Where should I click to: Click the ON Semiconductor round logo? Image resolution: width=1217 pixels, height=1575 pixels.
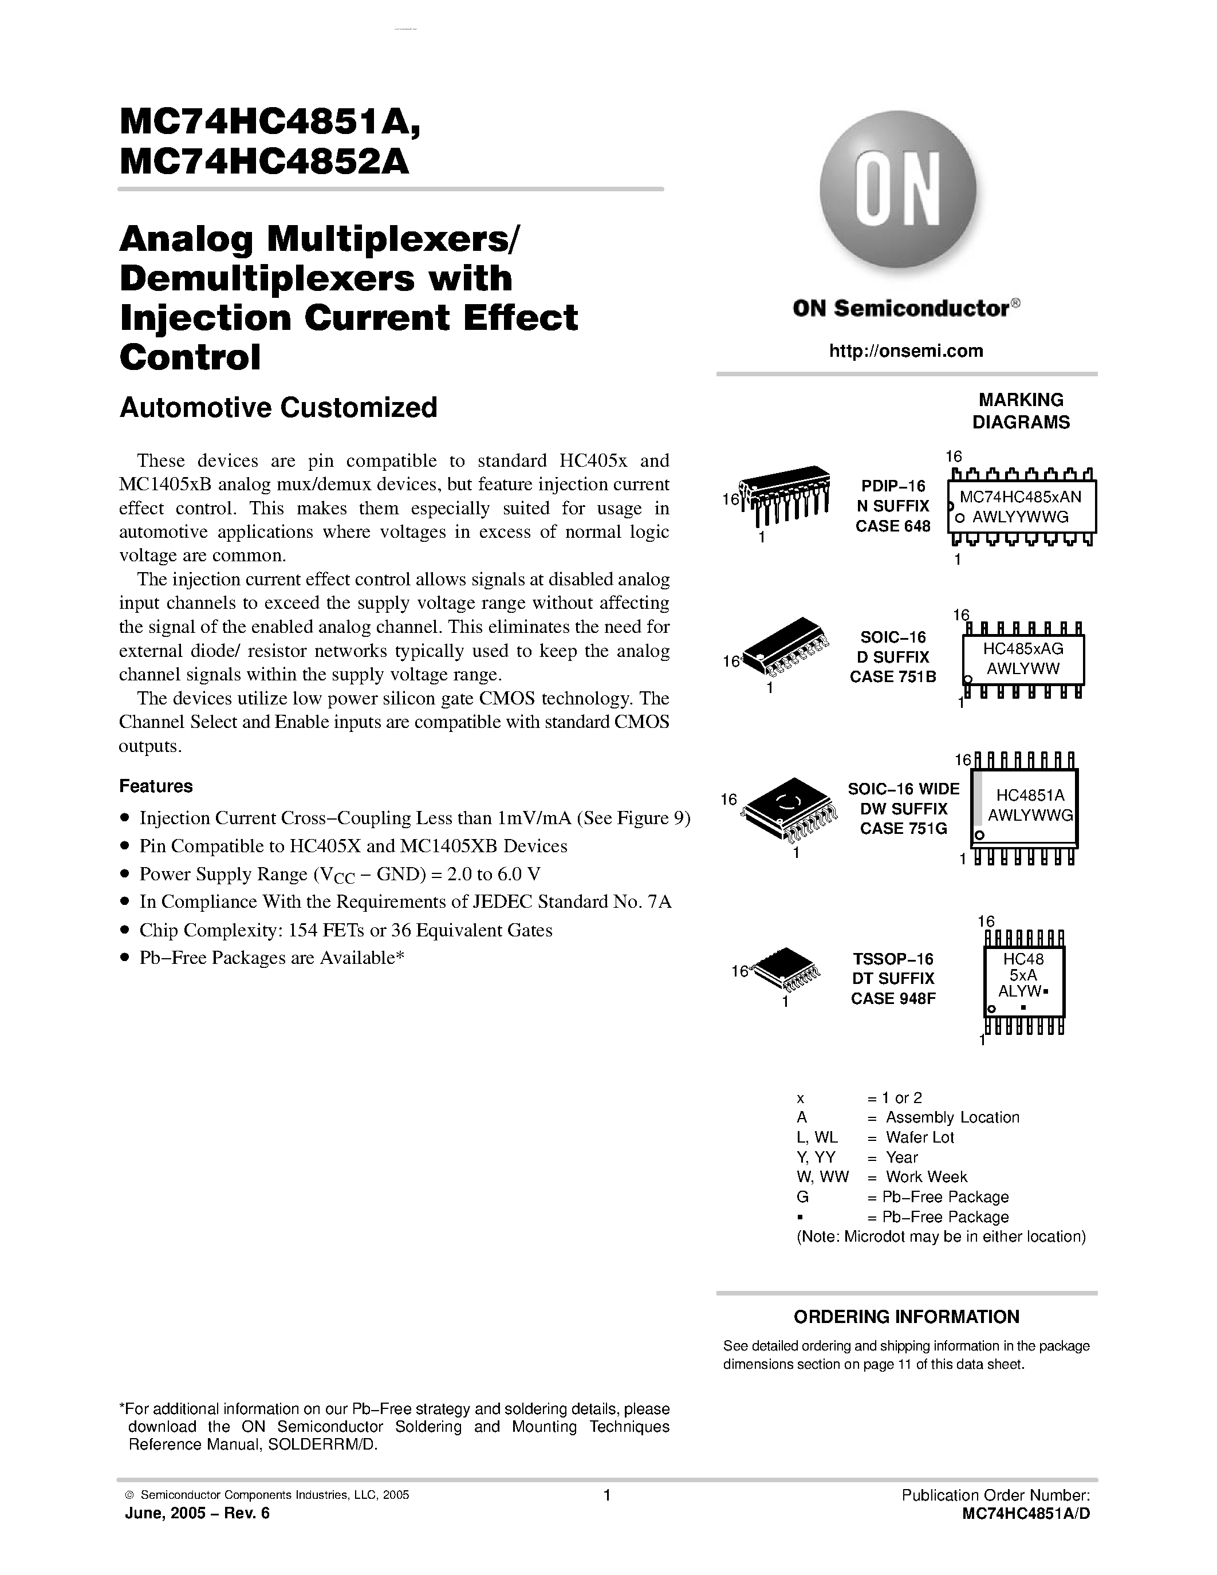click(899, 189)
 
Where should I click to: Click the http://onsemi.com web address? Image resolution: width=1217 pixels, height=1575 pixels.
click(906, 351)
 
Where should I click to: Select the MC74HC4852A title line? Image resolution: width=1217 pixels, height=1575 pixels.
click(265, 162)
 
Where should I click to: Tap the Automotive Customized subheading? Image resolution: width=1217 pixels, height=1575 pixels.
click(278, 407)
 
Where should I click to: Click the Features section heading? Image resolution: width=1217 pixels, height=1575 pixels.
click(156, 786)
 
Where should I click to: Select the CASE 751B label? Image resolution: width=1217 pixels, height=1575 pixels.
click(893, 676)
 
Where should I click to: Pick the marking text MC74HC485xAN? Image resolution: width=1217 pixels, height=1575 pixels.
click(1020, 498)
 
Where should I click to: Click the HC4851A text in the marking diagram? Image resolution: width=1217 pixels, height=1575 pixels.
click(1030, 796)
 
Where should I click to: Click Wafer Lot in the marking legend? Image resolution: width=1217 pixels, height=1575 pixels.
click(920, 1137)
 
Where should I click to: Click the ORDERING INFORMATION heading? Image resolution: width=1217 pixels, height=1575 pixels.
click(906, 1317)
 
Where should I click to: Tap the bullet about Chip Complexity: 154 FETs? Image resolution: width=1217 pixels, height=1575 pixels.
click(345, 930)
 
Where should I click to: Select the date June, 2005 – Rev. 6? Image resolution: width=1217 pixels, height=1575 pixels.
click(198, 1513)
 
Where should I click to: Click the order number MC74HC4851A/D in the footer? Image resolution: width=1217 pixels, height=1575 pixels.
click(1026, 1514)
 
